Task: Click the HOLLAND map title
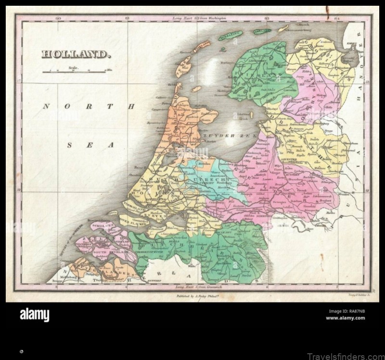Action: (x=76, y=54)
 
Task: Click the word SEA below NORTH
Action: (x=91, y=145)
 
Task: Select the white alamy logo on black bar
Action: (x=34, y=315)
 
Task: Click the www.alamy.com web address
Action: (x=345, y=318)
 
